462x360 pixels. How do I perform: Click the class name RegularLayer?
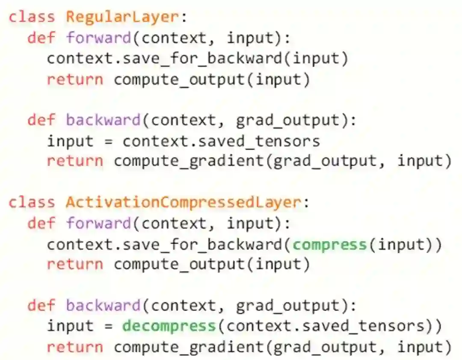point(121,17)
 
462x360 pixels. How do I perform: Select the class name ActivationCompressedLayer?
point(183,202)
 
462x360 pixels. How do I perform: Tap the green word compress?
point(330,244)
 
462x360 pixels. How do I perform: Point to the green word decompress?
point(169,326)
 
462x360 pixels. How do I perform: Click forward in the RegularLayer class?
point(98,38)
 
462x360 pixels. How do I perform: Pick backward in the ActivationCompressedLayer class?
point(103,305)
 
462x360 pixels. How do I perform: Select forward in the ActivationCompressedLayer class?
point(98,223)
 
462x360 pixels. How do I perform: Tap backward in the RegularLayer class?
point(103,120)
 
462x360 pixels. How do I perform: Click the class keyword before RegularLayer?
point(32,17)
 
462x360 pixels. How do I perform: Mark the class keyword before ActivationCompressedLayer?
point(32,202)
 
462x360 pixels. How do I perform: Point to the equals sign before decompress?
point(109,326)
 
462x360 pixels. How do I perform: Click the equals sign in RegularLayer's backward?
point(109,141)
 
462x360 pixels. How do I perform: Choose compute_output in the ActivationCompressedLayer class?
point(179,264)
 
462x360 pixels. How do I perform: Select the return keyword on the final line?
point(75,347)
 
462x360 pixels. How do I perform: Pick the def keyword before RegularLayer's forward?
point(42,38)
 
